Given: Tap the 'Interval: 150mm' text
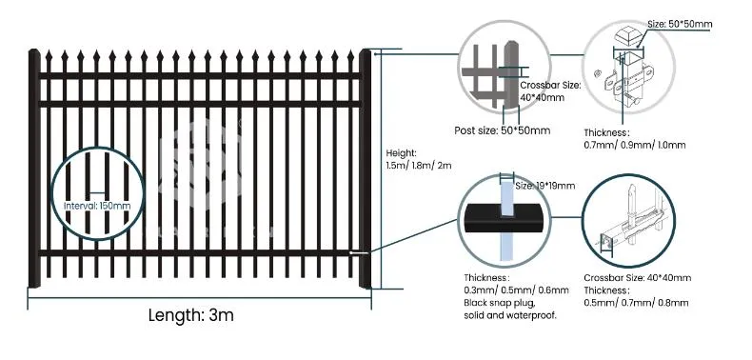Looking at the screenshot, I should tap(97, 205).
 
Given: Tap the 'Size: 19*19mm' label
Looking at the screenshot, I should tap(546, 186).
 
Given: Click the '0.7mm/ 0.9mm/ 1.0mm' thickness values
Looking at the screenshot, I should tap(634, 144).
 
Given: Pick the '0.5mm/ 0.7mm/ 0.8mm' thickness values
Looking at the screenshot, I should tap(635, 301).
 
